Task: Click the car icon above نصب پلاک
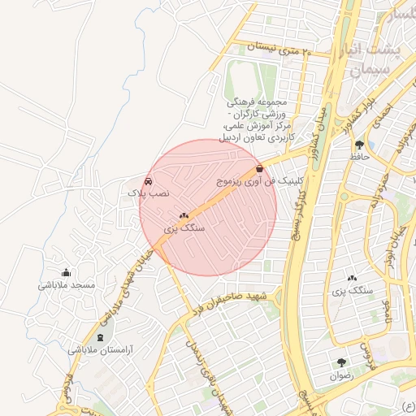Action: tap(148, 181)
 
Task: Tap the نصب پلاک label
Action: tap(148, 193)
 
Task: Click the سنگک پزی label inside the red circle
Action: tap(184, 229)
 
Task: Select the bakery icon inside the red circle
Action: tap(184, 217)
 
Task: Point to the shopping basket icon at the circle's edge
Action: tap(259, 168)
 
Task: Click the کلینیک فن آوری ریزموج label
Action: tap(262, 181)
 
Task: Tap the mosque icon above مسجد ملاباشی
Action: tap(66, 272)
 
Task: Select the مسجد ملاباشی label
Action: tap(67, 285)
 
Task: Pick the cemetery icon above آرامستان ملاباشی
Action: tap(100, 336)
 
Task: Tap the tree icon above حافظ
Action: tap(359, 144)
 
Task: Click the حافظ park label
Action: tap(359, 156)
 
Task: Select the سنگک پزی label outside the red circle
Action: tap(353, 290)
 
